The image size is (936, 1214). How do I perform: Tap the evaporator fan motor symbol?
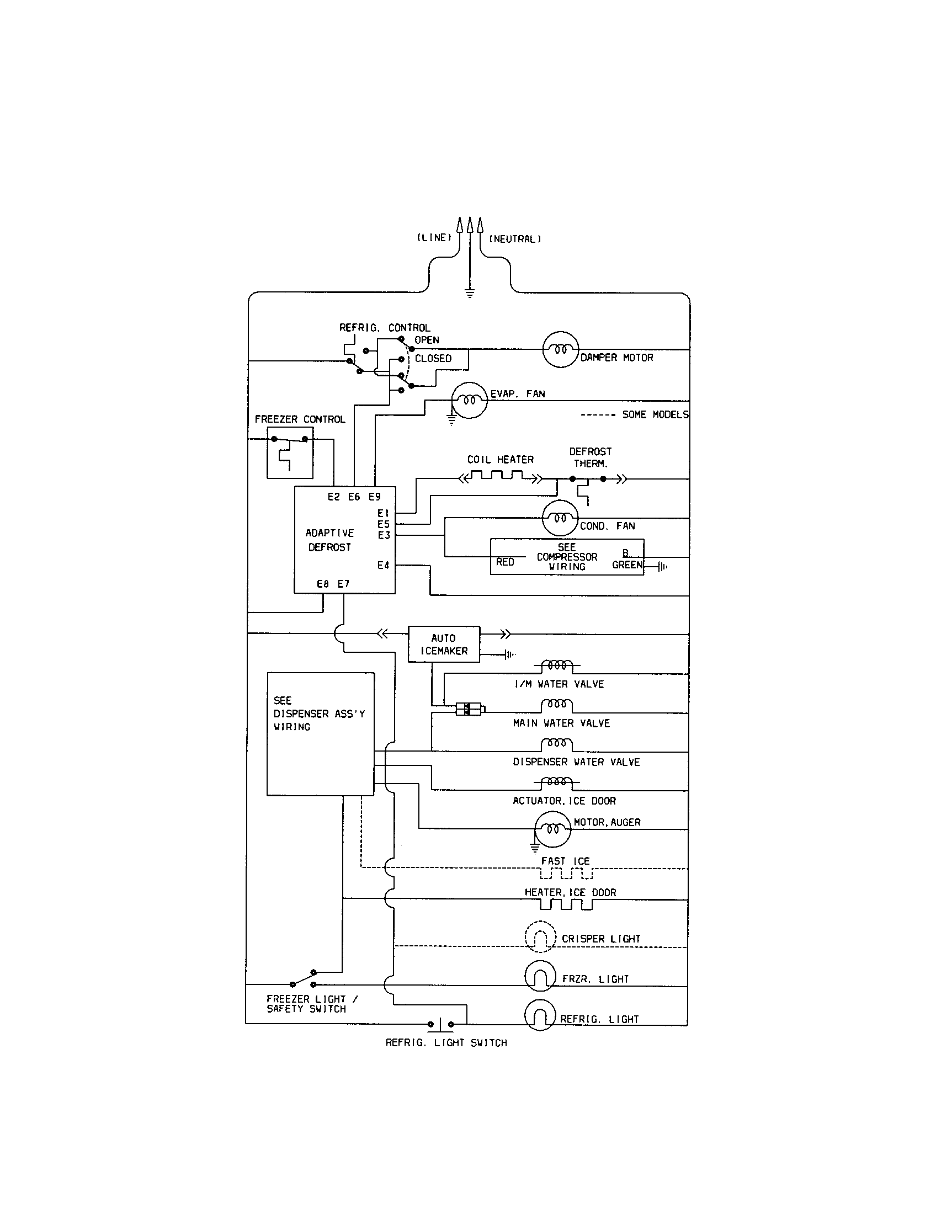(x=469, y=400)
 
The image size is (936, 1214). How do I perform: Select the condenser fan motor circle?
(x=560, y=518)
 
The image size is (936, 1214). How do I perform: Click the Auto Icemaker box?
(x=444, y=643)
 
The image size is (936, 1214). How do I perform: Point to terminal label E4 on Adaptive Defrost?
(x=383, y=565)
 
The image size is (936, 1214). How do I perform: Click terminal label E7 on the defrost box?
(x=343, y=584)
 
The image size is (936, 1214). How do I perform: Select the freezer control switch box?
(x=290, y=452)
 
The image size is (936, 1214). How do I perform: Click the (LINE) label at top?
(x=434, y=237)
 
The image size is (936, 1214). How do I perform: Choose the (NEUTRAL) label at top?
(x=515, y=239)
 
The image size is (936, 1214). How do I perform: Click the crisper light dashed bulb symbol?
(x=540, y=938)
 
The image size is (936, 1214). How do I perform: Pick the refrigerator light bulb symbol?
(x=540, y=1014)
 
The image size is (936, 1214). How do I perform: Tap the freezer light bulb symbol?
(x=540, y=976)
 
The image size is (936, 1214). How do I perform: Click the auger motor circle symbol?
(x=552, y=829)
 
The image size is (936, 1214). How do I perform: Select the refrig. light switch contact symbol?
(x=441, y=1023)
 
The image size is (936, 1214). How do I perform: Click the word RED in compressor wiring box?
(x=504, y=562)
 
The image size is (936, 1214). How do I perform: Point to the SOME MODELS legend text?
(x=655, y=414)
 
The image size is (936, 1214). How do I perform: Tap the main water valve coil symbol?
(x=556, y=705)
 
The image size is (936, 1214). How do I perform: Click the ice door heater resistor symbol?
(x=566, y=904)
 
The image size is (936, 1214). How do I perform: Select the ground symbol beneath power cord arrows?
(x=470, y=294)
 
